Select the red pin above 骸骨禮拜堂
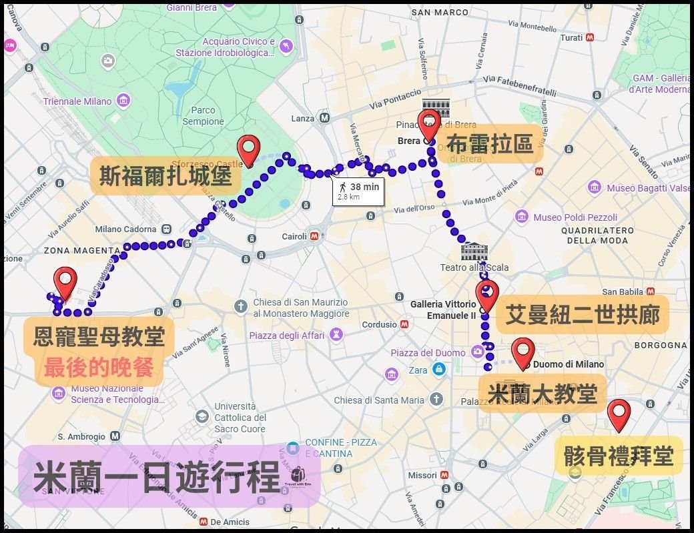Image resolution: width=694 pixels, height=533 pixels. (619, 414)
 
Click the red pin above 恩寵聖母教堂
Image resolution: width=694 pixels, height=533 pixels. (65, 283)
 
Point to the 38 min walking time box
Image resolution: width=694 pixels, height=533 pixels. (358, 191)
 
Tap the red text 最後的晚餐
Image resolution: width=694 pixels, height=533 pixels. (99, 368)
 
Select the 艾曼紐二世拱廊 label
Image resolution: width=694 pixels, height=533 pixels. (582, 314)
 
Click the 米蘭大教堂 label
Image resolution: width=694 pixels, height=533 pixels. (542, 393)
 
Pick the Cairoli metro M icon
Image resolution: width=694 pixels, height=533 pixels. (314, 236)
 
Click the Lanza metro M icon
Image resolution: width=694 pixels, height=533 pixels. (324, 118)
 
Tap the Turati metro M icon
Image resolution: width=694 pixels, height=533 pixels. (589, 37)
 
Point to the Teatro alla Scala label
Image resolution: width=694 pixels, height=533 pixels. (474, 268)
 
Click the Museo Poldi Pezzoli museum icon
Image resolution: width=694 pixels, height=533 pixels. (522, 217)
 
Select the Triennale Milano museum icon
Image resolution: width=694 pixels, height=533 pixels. (123, 101)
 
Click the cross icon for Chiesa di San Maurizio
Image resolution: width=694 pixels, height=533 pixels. (241, 306)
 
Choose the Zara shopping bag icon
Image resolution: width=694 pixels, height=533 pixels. (438, 370)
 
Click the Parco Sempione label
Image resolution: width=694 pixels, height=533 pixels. (203, 115)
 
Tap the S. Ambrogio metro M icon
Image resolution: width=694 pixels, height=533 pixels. (115, 436)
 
